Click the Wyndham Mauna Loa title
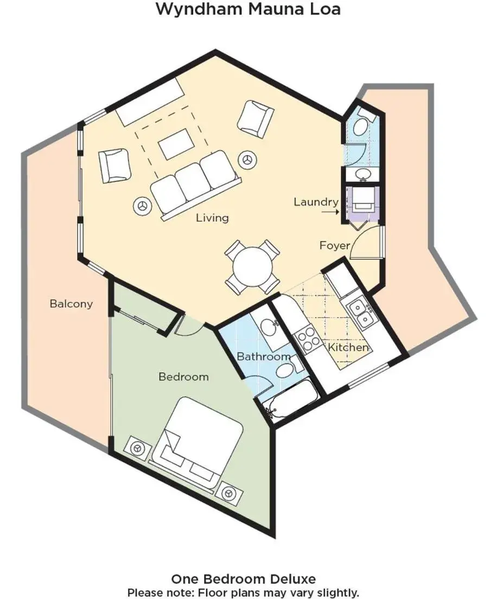tap(248, 9)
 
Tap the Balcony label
tap(71, 304)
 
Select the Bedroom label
tap(183, 377)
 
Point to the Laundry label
tap(316, 202)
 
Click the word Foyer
tap(335, 245)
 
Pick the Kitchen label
tap(348, 347)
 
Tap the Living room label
tap(212, 218)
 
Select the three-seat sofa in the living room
tap(196, 184)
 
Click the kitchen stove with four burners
tap(309, 338)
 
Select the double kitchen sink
tap(359, 314)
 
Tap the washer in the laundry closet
tap(362, 200)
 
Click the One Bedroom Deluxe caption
tap(244, 579)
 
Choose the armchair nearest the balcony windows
tap(114, 166)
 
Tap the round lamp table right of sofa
tap(248, 159)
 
